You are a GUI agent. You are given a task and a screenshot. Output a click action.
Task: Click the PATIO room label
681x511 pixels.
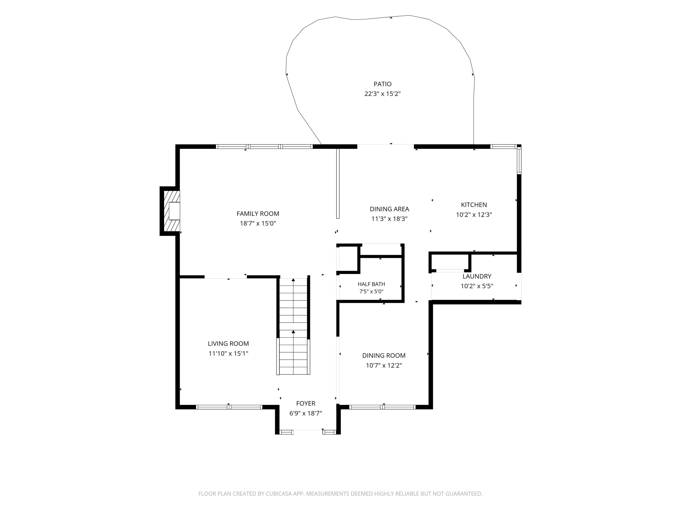382,84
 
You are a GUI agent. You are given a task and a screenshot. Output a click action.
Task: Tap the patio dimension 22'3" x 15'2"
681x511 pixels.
382,94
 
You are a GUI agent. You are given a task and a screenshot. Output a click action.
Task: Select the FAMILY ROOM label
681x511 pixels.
258,213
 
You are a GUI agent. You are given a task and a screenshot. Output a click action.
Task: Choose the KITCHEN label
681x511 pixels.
474,205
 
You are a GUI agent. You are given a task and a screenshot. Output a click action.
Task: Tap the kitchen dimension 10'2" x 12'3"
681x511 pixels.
474,214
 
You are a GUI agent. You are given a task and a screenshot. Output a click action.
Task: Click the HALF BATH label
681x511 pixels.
371,284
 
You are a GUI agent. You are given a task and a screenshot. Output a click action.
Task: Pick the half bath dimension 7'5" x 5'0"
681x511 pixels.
371,291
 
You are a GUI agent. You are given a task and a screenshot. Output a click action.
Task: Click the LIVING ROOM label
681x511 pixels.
228,343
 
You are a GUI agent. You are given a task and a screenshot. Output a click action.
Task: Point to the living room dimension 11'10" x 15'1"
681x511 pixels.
228,353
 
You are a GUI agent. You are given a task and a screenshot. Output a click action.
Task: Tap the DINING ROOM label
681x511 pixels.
384,355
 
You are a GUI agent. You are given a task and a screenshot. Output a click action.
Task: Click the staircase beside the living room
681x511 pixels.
293,326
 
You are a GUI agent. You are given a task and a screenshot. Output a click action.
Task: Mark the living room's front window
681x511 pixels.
229,407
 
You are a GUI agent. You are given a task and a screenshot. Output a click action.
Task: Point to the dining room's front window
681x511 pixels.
382,407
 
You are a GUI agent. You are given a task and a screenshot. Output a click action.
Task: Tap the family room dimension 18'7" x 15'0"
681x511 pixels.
258,223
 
